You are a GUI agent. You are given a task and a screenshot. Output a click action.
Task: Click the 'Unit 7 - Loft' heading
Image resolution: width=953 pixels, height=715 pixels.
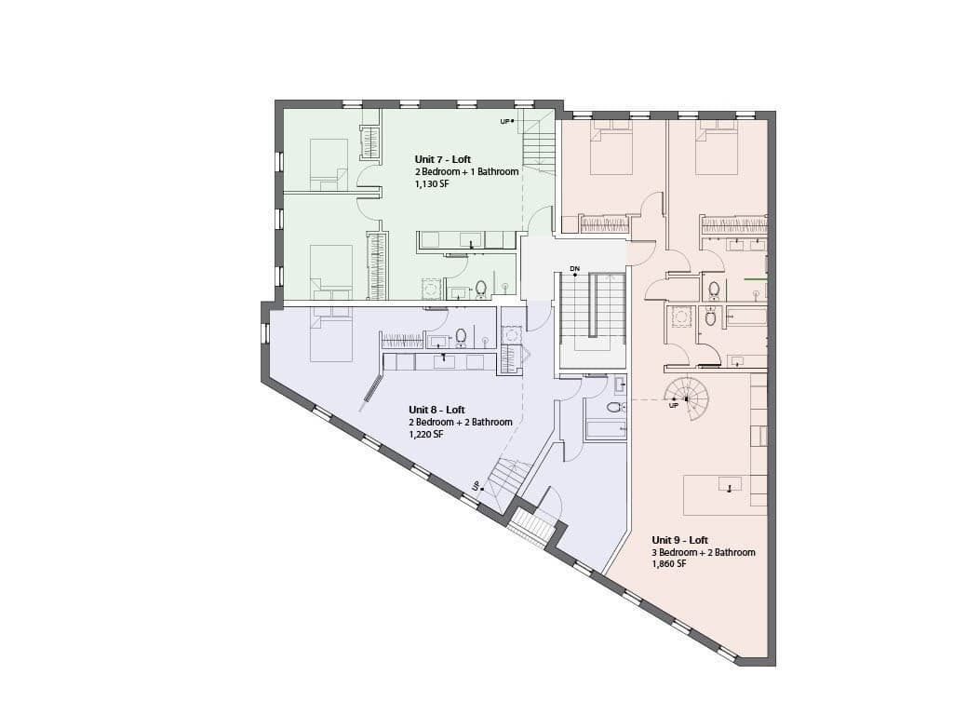(442, 159)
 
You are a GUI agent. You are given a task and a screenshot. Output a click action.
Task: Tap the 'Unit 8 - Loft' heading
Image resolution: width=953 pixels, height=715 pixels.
(436, 410)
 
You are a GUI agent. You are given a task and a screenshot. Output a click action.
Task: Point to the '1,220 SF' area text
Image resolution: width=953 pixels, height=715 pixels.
(425, 435)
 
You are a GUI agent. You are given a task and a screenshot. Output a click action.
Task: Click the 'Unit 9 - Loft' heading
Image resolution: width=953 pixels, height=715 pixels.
(679, 540)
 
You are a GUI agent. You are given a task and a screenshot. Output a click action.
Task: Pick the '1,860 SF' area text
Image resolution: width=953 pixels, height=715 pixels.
(668, 564)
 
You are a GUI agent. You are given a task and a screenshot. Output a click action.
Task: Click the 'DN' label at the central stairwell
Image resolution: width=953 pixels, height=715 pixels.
(574, 268)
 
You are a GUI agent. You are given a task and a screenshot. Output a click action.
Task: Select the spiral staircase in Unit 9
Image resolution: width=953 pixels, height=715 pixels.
(687, 399)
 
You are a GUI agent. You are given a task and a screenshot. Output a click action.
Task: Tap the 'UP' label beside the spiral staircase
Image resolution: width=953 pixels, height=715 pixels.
(673, 406)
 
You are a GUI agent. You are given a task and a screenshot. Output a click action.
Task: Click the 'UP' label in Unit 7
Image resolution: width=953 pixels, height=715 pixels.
(504, 122)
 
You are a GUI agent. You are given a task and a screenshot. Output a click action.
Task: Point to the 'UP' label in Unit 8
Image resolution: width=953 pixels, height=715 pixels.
(476, 486)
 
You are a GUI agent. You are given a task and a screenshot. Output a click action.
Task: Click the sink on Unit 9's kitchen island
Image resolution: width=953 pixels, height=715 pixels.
(730, 485)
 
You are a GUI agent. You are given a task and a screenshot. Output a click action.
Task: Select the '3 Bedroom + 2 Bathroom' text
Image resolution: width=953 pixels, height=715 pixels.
(704, 552)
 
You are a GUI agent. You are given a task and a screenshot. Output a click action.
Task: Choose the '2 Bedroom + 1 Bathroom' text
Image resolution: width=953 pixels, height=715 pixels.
(467, 171)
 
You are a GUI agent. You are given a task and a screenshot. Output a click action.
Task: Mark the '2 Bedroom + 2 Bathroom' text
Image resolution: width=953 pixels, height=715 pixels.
(460, 422)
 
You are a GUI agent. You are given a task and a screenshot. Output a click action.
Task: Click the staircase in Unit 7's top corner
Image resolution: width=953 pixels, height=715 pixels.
(540, 142)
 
